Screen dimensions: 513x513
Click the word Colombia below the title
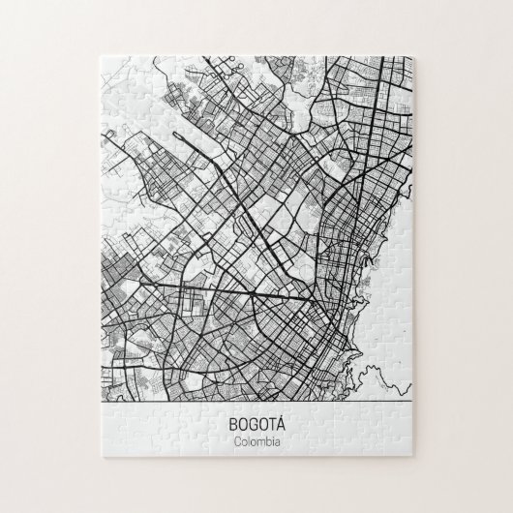[256, 442]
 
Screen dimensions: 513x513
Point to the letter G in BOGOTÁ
[253, 423]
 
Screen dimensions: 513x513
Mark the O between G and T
[260, 423]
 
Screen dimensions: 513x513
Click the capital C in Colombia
[238, 442]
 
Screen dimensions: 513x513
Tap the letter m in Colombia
[257, 443]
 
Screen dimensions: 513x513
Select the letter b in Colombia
[265, 442]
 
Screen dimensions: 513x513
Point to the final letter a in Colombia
[276, 443]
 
